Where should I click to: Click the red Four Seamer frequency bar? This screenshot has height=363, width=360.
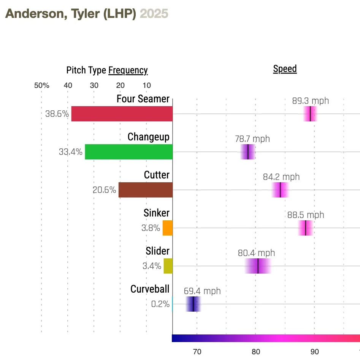click(x=122, y=114)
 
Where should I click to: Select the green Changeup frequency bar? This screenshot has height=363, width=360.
click(x=128, y=152)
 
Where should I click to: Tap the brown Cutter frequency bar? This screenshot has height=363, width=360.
click(x=145, y=190)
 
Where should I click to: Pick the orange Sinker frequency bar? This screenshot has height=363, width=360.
click(x=168, y=228)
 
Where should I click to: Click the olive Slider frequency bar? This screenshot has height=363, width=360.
click(x=168, y=266)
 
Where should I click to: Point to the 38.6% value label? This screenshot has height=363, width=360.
click(x=57, y=114)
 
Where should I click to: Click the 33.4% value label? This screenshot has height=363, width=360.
click(x=70, y=152)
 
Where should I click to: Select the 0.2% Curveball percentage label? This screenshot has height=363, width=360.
click(x=160, y=304)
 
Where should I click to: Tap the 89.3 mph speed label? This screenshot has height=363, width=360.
click(x=310, y=101)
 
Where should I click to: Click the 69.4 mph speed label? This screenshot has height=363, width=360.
click(x=202, y=291)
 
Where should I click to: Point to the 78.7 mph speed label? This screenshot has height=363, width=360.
click(x=252, y=139)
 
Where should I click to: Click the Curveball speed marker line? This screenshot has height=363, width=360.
click(x=193, y=304)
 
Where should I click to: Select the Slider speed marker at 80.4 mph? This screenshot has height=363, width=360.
click(x=258, y=266)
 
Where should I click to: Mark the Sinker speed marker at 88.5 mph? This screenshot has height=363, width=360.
click(x=306, y=228)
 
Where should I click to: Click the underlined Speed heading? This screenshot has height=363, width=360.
click(x=285, y=69)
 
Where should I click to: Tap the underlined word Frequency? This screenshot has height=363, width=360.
click(x=128, y=70)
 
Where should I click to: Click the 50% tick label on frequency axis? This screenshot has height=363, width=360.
click(x=41, y=85)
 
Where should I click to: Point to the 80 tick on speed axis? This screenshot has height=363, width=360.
click(x=256, y=352)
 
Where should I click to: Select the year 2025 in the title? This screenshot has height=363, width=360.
click(x=154, y=14)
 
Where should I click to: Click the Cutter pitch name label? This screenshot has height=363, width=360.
click(x=157, y=175)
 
